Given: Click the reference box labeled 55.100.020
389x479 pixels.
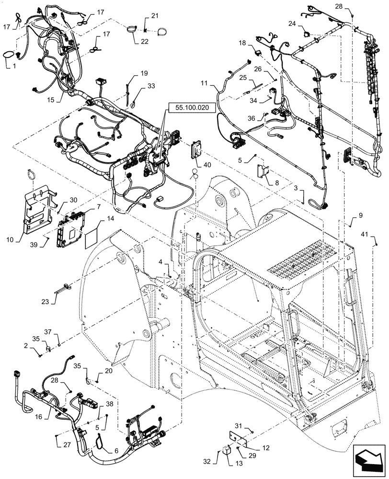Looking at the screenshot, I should (x=192, y=108).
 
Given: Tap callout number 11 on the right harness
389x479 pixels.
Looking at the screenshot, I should (x=204, y=83).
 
